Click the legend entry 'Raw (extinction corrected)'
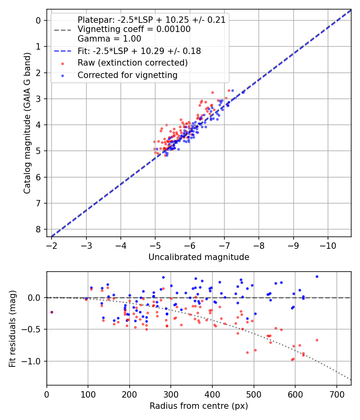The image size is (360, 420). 132,63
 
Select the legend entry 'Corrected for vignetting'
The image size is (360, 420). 127,75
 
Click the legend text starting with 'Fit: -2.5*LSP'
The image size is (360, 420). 139,51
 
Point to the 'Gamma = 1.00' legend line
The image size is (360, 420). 109,39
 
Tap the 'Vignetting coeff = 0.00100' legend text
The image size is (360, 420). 134,29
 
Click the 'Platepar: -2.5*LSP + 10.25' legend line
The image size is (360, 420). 151,20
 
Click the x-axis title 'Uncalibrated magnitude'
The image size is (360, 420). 199,257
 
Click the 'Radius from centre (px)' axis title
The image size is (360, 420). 199,406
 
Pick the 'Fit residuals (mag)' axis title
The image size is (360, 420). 12,329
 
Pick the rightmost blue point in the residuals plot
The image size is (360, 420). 317,276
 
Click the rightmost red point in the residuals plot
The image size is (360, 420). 317,340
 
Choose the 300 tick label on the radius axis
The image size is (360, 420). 171,394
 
